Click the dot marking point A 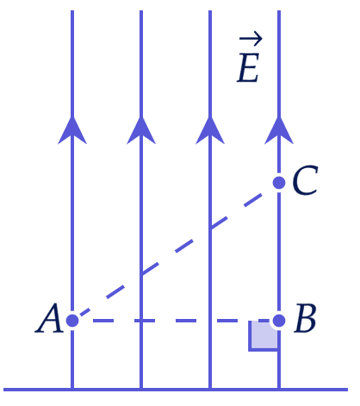point(72,321)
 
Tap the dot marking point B point(279,321)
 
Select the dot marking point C point(279,183)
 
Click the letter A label point(49,318)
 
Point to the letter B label point(305,318)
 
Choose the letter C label point(305,180)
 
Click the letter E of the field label point(248,68)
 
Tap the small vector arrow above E point(251,39)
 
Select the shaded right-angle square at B point(263,336)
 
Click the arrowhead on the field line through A point(72,131)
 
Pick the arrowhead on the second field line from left point(141,131)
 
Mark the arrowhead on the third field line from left point(210,131)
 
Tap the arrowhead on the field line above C point(279,131)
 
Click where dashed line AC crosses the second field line point(141,274)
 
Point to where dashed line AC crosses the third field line point(210,228)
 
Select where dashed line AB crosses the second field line point(141,321)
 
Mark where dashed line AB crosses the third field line point(210,321)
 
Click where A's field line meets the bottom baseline point(72,390)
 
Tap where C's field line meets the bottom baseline point(279,390)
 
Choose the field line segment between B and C point(279,252)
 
